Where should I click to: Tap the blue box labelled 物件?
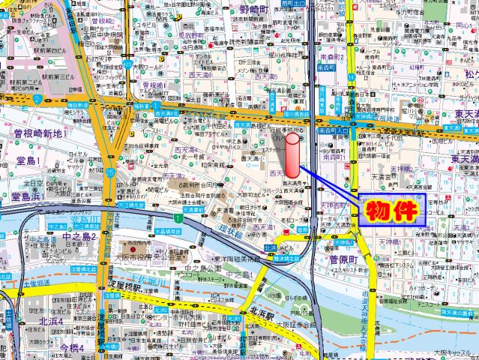393,209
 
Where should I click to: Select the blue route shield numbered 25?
109,173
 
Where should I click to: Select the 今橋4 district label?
73,348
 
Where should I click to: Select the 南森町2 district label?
331,56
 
